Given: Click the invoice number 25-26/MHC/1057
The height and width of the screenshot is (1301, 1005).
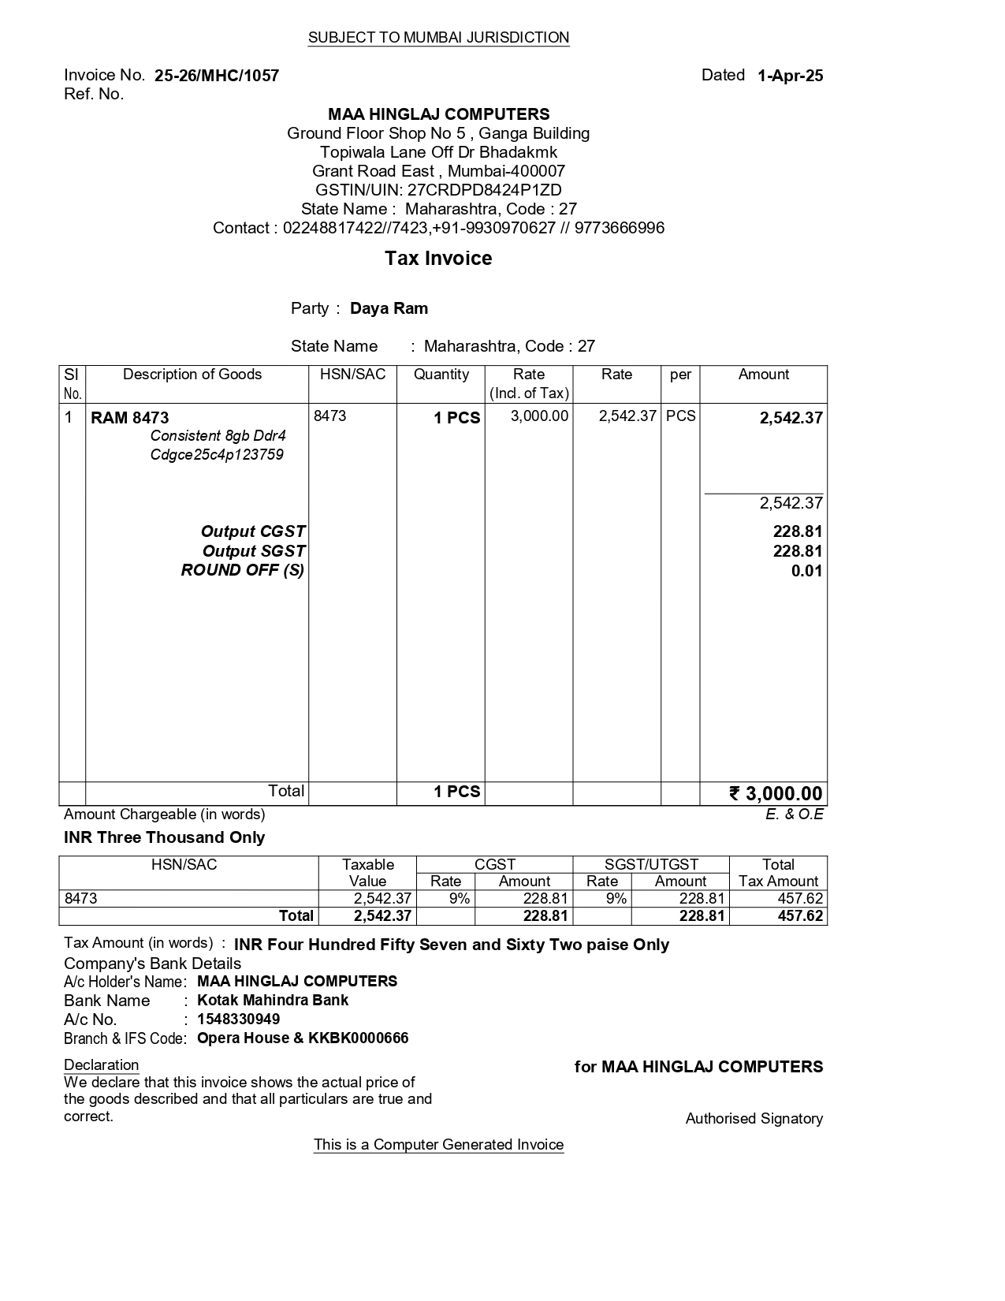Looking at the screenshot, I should (217, 76).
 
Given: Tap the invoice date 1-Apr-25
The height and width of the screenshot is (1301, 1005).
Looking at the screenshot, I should (790, 76).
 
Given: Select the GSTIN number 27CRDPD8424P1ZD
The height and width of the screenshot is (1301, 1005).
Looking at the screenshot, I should (484, 190).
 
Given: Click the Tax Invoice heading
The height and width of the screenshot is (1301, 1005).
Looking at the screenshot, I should (438, 259).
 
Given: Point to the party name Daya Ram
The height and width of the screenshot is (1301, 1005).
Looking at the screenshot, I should (389, 308).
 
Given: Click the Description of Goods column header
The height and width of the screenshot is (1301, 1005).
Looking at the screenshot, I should (192, 375).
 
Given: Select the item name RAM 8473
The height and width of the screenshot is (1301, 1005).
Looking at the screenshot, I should (130, 418).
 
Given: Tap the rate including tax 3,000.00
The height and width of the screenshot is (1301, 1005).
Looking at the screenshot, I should (539, 416).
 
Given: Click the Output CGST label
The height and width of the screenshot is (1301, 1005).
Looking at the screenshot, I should (253, 531).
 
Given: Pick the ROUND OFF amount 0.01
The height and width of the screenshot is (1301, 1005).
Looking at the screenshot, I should (806, 571).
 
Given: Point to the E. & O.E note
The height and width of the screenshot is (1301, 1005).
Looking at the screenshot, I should (794, 815).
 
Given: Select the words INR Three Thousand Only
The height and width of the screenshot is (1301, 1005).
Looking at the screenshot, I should (164, 837).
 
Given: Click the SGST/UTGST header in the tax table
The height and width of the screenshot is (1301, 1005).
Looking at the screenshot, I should (651, 864).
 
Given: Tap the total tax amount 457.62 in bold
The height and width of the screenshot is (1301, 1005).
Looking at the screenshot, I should (800, 916).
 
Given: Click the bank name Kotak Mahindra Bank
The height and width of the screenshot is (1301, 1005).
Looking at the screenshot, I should (273, 1001).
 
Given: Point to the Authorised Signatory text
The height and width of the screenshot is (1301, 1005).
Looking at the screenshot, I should (754, 1119).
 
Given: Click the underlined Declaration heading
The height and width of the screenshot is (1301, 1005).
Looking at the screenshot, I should (101, 1065).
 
